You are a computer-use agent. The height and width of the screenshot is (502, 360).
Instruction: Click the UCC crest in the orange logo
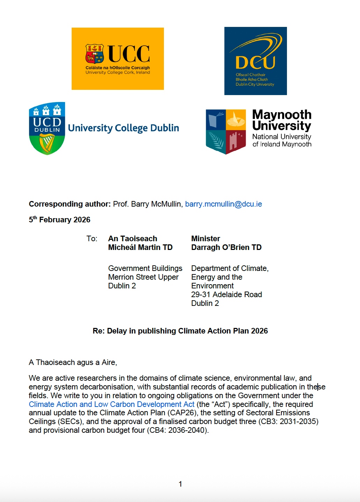pos(94,53)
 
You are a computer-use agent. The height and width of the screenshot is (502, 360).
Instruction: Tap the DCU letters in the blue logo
pos(255,63)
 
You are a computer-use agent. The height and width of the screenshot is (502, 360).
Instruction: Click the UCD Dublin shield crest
pos(47,128)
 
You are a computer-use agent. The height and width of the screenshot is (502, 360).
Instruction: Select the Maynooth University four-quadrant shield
pos(226,131)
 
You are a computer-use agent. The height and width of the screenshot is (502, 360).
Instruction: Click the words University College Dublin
pos(123,128)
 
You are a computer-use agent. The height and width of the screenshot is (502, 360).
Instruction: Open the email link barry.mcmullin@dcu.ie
pos(223,204)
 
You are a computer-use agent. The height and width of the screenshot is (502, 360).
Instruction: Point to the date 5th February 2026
pos(59,220)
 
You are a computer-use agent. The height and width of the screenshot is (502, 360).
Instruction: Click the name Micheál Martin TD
pos(140,248)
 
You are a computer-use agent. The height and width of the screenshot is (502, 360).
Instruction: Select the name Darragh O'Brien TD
pos(226,248)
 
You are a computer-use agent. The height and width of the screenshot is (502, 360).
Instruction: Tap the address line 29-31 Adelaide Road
pos(226,295)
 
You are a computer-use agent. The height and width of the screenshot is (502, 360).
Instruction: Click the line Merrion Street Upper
pos(143,277)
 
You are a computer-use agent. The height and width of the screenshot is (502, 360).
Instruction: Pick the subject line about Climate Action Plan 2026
pos(180,331)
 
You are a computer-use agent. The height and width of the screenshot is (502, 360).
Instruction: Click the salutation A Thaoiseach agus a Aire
pos(73,363)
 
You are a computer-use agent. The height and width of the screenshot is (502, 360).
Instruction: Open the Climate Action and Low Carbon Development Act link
pos(111,404)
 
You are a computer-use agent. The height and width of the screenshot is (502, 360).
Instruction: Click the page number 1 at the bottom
pos(180,484)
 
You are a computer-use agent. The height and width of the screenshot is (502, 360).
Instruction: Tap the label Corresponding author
pos(70,204)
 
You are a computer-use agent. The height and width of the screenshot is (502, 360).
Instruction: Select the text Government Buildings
pos(145,268)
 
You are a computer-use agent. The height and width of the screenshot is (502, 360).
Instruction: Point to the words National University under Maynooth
pos(281,137)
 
